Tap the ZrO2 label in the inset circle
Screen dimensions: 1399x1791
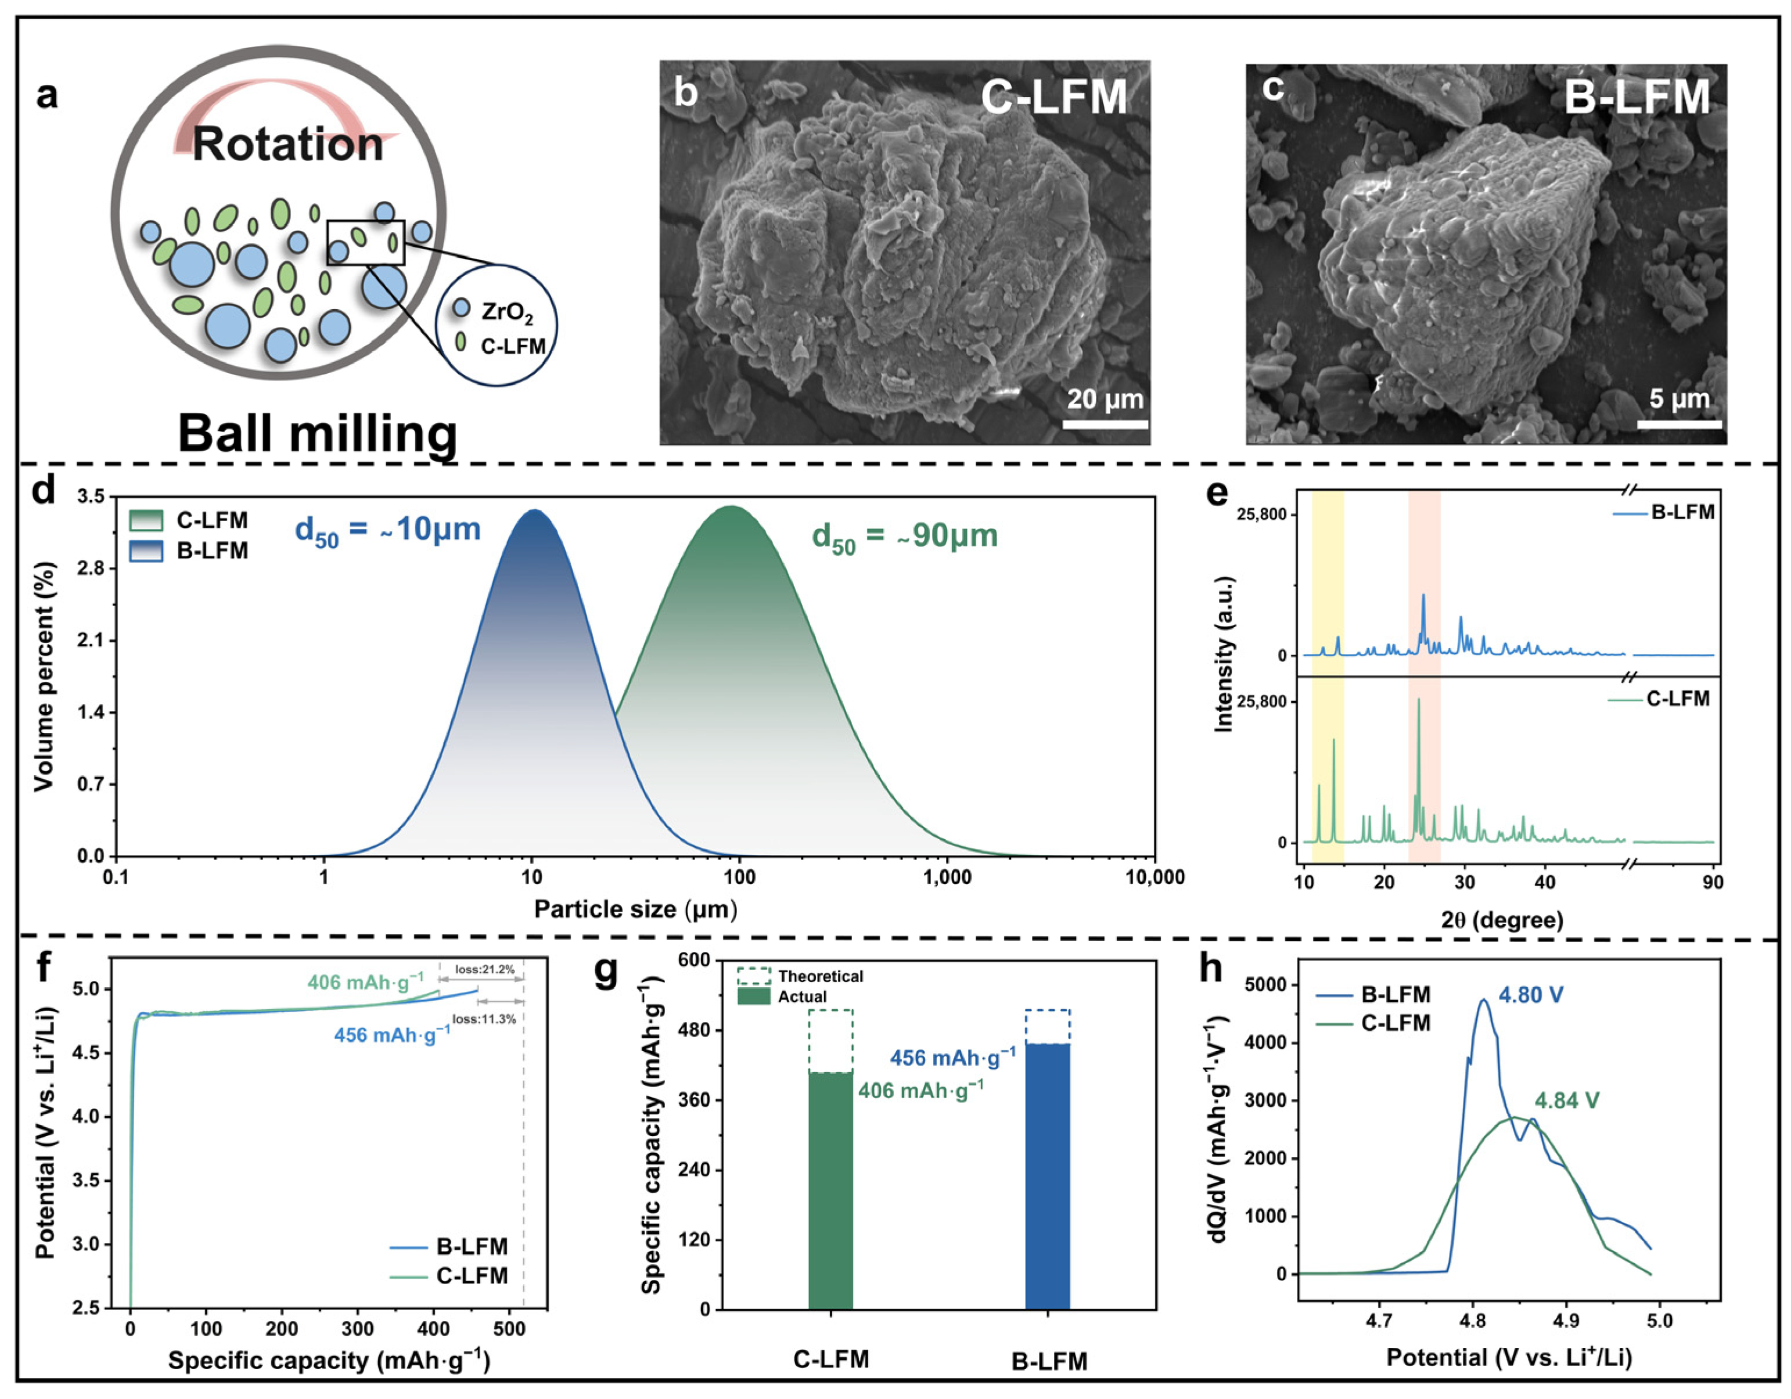click(x=506, y=312)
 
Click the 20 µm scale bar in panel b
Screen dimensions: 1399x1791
click(x=1105, y=424)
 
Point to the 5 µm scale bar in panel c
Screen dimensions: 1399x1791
click(x=1679, y=424)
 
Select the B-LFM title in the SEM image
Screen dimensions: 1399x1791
click(x=1637, y=97)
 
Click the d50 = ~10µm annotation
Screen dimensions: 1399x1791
click(x=387, y=531)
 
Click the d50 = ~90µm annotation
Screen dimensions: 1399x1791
click(x=905, y=536)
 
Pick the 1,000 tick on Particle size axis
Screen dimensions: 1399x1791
click(x=947, y=877)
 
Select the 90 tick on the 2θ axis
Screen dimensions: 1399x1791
click(x=1712, y=882)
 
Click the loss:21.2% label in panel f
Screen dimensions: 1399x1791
click(x=485, y=969)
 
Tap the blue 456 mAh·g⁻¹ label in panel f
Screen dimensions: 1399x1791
click(x=391, y=1035)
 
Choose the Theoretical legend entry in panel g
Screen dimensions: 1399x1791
click(x=819, y=976)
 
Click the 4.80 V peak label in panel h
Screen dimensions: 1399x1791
click(x=1530, y=995)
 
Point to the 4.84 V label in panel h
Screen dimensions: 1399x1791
click(x=1566, y=1101)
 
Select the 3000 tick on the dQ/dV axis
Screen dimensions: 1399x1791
click(x=1270, y=1101)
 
